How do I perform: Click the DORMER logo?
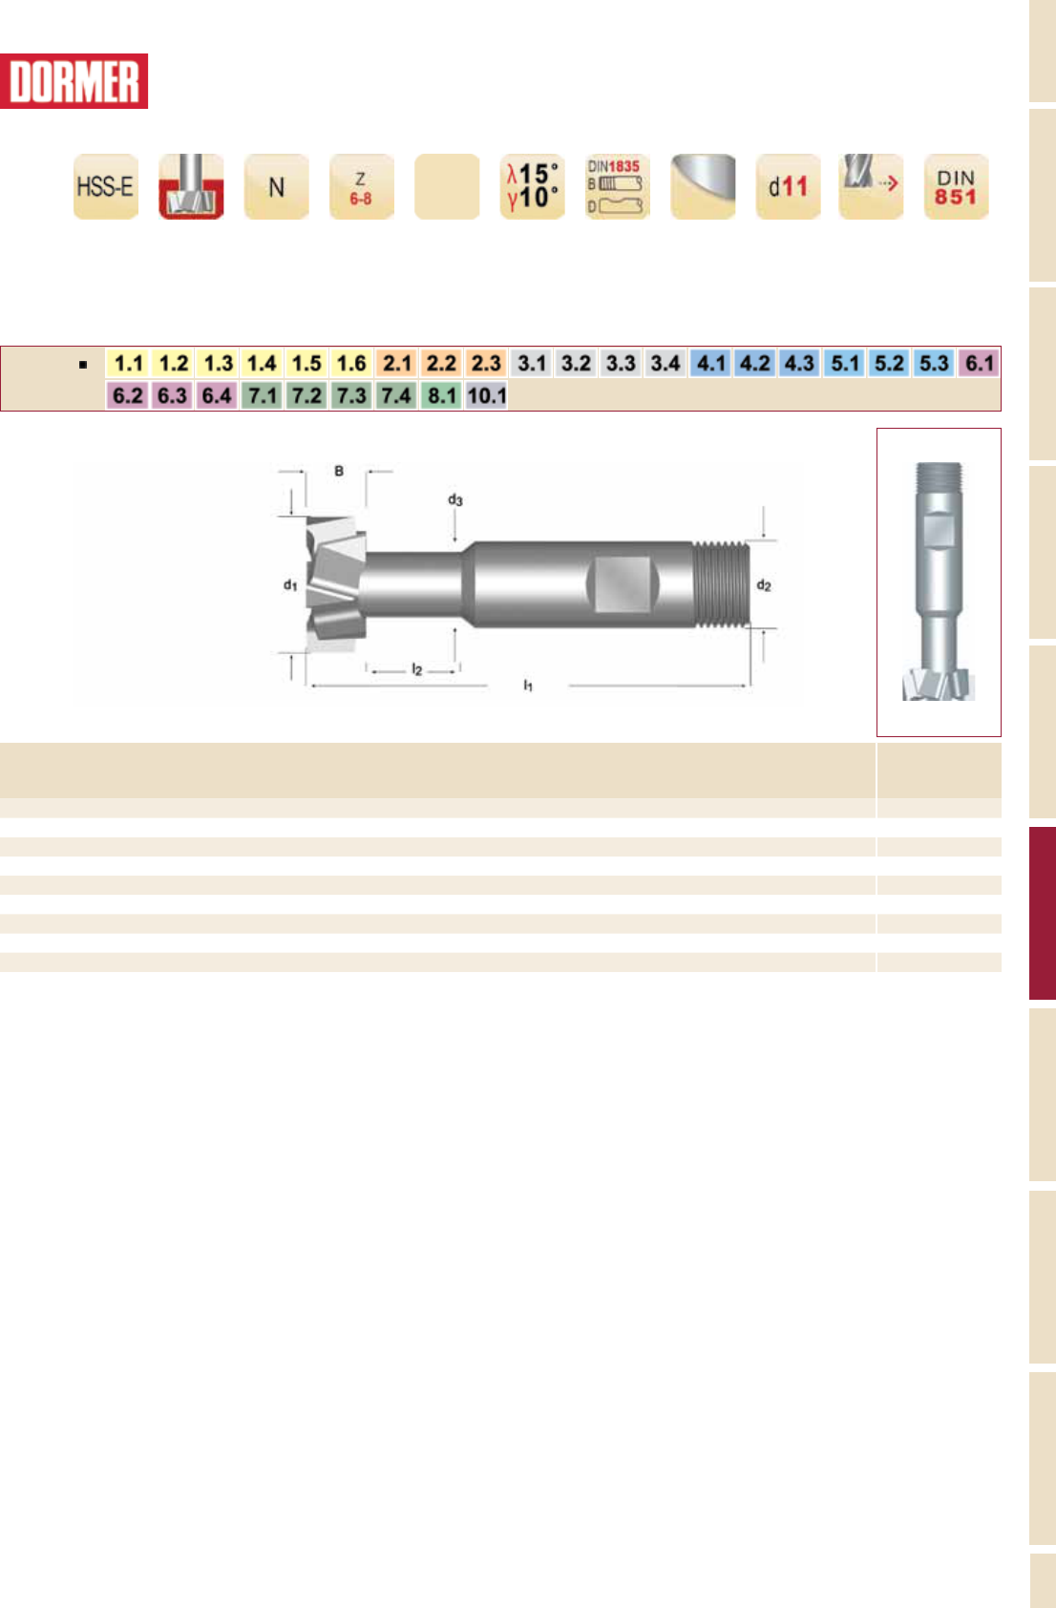(x=74, y=81)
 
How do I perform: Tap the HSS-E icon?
(x=106, y=186)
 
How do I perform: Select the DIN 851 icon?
(x=956, y=186)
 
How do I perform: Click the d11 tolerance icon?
(x=788, y=186)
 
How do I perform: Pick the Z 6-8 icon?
(x=361, y=186)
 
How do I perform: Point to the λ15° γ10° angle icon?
(x=532, y=186)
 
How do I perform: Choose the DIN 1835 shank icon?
(x=617, y=186)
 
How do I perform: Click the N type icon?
(x=276, y=186)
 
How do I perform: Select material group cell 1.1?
(x=129, y=363)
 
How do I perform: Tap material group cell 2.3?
(x=486, y=363)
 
